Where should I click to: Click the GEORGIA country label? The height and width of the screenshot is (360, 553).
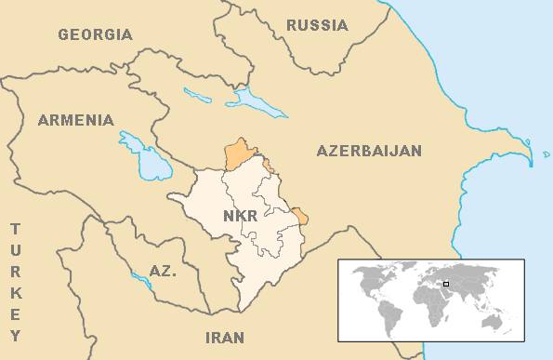tap(95, 34)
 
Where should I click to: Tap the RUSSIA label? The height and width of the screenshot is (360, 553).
tap(317, 25)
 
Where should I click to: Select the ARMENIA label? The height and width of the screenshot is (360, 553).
tap(75, 121)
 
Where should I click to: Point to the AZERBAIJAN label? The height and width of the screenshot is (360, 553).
tap(369, 150)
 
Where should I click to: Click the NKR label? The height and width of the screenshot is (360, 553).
tap(242, 217)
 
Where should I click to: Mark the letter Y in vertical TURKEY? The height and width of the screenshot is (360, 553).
tap(15, 336)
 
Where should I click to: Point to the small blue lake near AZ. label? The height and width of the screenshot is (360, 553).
tap(141, 278)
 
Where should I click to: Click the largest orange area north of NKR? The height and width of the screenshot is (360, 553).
tap(242, 154)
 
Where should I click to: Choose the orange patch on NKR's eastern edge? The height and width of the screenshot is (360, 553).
tap(300, 218)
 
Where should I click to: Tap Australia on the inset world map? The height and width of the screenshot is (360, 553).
tap(498, 319)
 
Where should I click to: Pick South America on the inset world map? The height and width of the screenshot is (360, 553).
tap(388, 312)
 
